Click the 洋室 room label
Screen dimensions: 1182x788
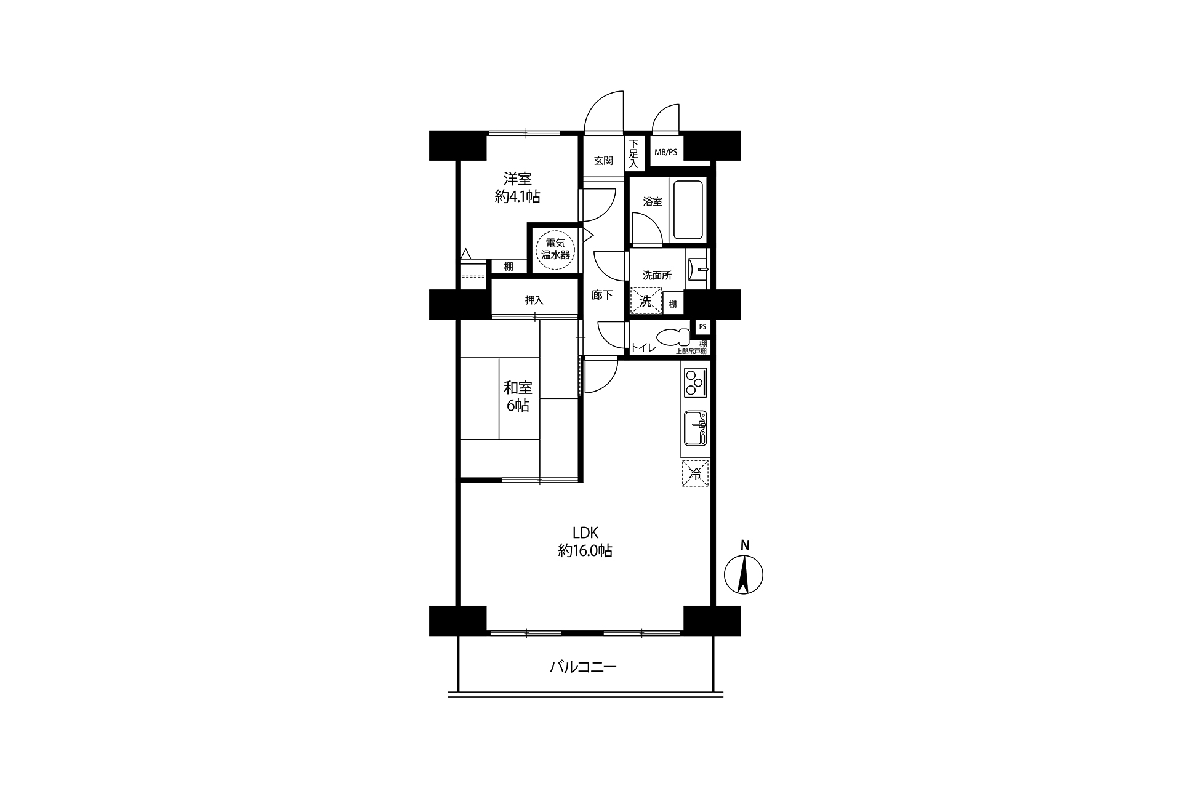click(518, 179)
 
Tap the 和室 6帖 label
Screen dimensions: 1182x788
click(518, 397)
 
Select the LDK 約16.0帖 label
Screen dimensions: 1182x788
click(585, 542)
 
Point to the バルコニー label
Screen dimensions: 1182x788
click(583, 667)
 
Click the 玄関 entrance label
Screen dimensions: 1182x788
click(603, 161)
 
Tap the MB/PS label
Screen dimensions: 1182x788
click(665, 152)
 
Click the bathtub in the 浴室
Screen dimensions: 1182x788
click(688, 210)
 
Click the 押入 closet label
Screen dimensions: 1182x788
click(534, 300)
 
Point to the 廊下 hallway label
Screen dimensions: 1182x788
click(602, 295)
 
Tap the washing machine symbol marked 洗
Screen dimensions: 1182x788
click(646, 302)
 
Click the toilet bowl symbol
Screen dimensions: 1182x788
click(674, 337)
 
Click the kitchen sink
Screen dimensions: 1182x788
click(696, 428)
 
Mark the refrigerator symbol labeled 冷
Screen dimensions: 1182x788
click(695, 473)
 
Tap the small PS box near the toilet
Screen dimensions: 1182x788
click(702, 327)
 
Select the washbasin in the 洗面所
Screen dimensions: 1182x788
click(699, 269)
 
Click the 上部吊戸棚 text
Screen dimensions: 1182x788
click(691, 352)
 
